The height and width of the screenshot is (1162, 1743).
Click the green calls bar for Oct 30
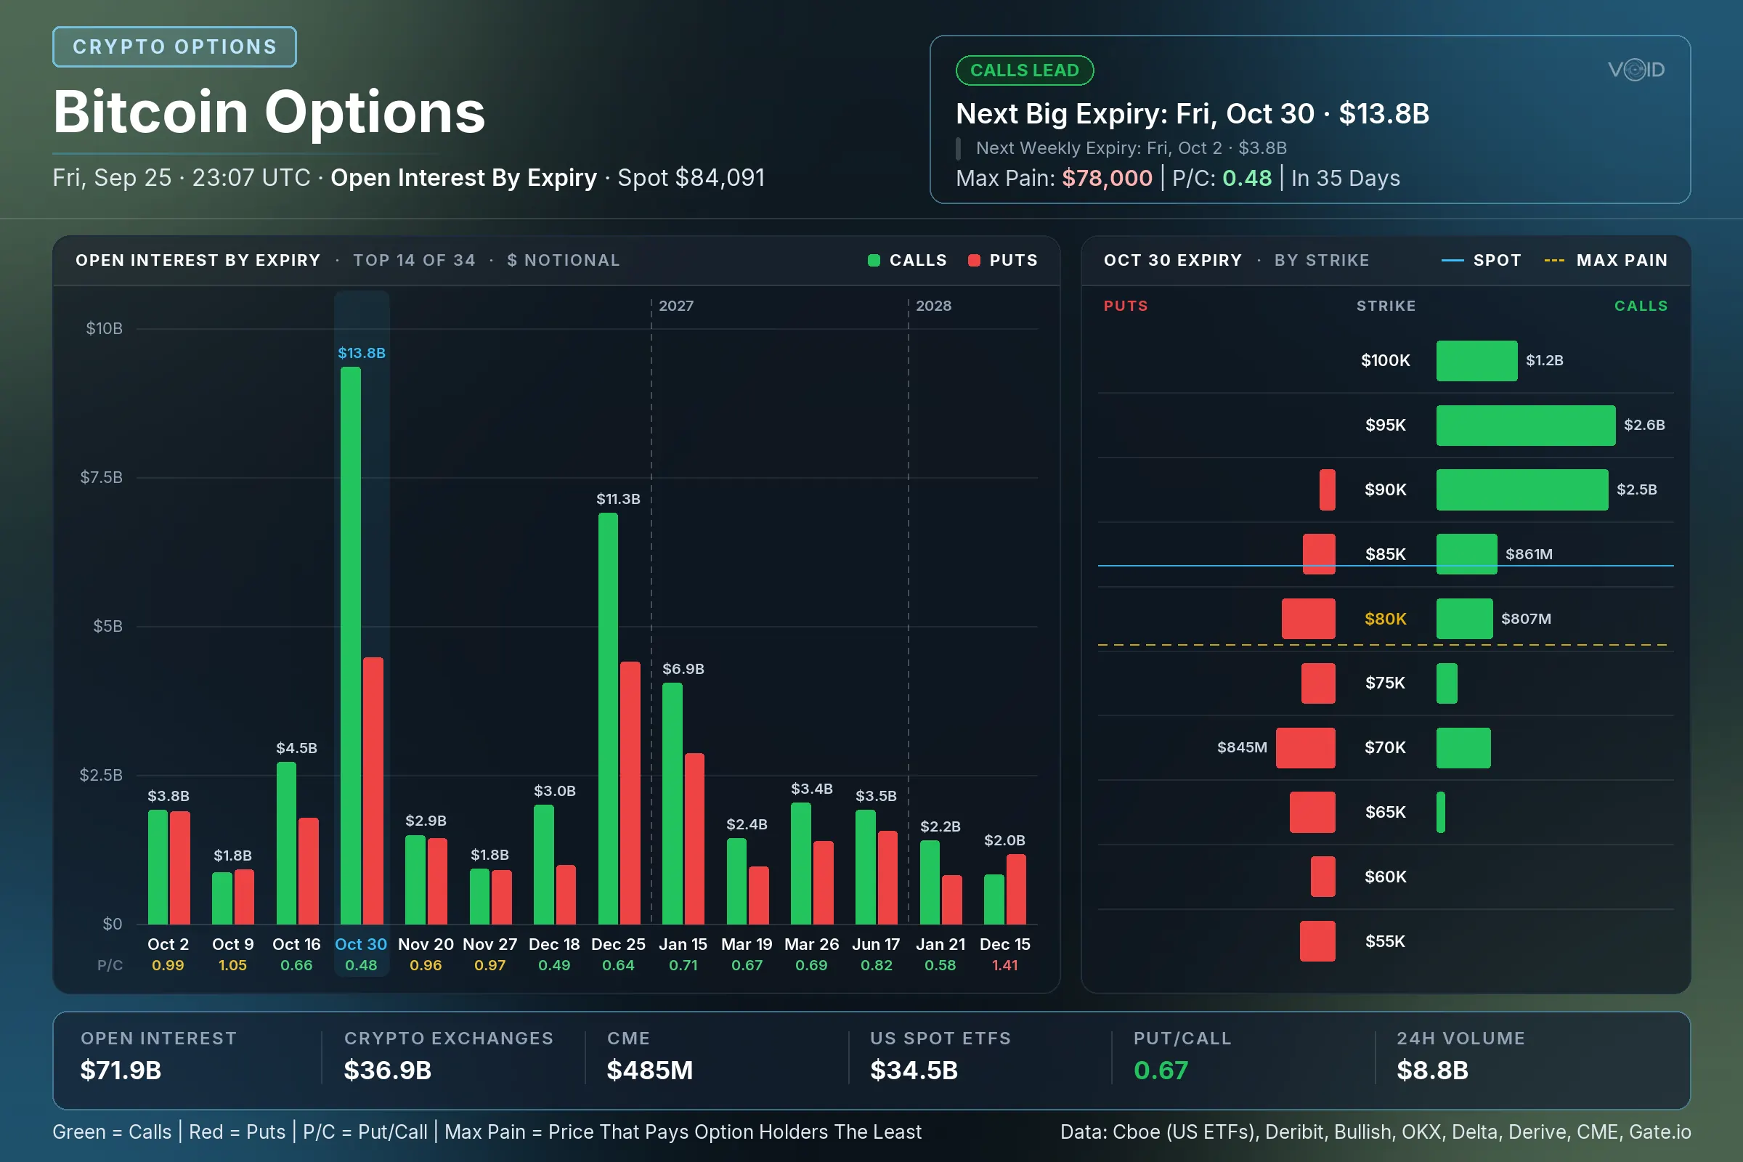[351, 646]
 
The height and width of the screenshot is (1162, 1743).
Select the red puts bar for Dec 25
[630, 793]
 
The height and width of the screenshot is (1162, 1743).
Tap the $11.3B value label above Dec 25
[618, 499]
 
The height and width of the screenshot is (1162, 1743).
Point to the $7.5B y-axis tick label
[102, 477]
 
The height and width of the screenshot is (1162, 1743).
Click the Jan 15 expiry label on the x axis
[683, 944]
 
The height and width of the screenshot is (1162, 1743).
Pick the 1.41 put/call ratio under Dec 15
[1005, 965]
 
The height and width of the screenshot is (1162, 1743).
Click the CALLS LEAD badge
[1025, 70]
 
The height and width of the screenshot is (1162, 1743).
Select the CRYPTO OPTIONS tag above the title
[175, 46]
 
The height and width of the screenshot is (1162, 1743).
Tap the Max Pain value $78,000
[1107, 178]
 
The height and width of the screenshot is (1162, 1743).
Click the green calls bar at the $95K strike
[1526, 426]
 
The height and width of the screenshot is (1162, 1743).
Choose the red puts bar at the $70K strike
[1306, 748]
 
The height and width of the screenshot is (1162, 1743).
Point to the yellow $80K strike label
[1385, 619]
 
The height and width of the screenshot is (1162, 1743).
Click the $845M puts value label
[1242, 748]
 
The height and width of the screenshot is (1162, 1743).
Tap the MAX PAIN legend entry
[1606, 260]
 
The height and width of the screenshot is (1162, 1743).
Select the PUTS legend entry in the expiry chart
[1004, 260]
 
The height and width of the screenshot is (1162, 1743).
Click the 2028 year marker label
[933, 306]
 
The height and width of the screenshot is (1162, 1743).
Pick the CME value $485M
[650, 1070]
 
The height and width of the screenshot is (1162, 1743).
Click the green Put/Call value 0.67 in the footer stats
[1161, 1070]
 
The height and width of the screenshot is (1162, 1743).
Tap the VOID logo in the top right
[1636, 70]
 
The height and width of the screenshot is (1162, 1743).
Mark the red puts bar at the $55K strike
[1317, 941]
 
